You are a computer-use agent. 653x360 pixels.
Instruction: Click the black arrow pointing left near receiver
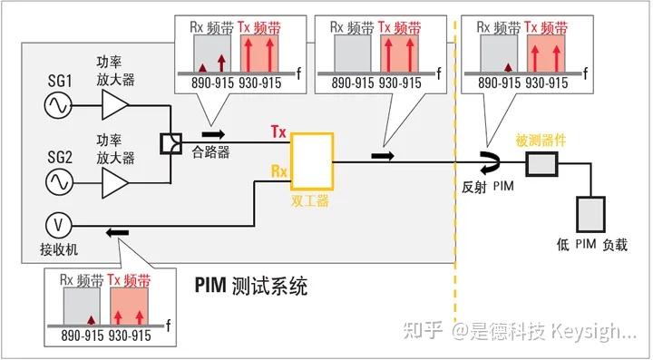117,234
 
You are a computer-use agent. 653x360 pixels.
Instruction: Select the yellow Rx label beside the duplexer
278,170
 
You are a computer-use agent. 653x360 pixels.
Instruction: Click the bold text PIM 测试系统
251,287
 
